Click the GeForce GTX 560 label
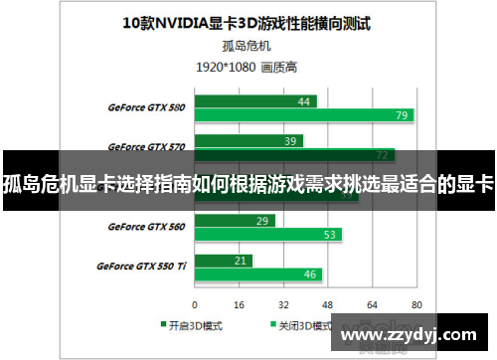pyautogui.click(x=146, y=227)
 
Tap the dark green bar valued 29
pyautogui.click(x=235, y=220)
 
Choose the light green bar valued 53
pyautogui.click(x=267, y=235)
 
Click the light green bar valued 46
pyautogui.click(x=257, y=274)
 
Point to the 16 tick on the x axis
pyautogui.click(x=240, y=304)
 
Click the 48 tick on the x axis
pyautogui.click(x=328, y=304)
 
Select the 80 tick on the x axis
pyautogui.click(x=416, y=304)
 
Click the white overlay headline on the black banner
pyautogui.click(x=248, y=183)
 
